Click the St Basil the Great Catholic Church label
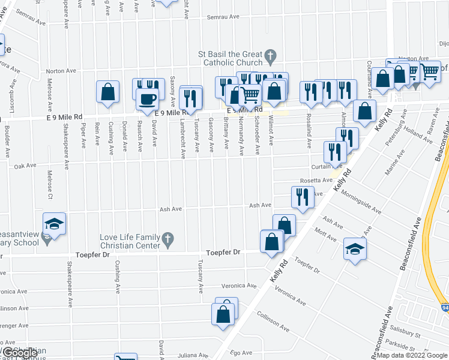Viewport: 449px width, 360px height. tap(231, 58)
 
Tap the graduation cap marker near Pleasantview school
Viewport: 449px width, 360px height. tap(55, 224)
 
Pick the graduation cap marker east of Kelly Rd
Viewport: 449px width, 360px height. tap(354, 248)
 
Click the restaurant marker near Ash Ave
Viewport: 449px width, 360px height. tap(302, 196)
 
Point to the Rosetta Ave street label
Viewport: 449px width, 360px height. tap(316, 181)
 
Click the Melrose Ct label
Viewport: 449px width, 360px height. tap(50, 180)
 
